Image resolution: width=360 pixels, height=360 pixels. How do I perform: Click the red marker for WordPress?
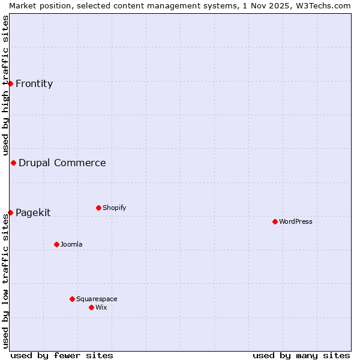point(275,221)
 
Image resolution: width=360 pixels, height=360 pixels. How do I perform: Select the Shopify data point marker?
point(98,208)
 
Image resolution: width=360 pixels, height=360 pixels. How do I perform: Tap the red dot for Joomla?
point(56,244)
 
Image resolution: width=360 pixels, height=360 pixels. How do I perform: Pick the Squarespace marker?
point(72,299)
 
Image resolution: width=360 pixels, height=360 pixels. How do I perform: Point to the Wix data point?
point(91,307)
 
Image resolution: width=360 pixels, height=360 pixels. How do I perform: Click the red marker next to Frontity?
point(10,83)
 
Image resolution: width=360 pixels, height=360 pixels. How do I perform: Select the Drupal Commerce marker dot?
point(13,163)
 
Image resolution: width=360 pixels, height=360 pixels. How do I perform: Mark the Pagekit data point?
point(10,212)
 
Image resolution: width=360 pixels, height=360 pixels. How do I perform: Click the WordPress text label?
point(296,221)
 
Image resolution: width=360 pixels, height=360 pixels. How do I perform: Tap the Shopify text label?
point(115,208)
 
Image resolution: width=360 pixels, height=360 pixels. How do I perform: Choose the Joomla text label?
point(71,244)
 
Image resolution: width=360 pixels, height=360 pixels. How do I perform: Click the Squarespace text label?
point(97,299)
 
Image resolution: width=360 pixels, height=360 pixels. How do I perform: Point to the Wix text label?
point(101,307)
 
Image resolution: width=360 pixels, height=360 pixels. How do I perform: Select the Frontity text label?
point(34,83)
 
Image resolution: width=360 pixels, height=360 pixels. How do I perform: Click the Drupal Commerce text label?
point(62,163)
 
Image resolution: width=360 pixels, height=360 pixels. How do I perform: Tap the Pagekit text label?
point(33,212)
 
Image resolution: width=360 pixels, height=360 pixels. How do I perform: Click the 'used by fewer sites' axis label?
point(62,355)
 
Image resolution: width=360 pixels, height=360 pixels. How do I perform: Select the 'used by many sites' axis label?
point(301,355)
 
